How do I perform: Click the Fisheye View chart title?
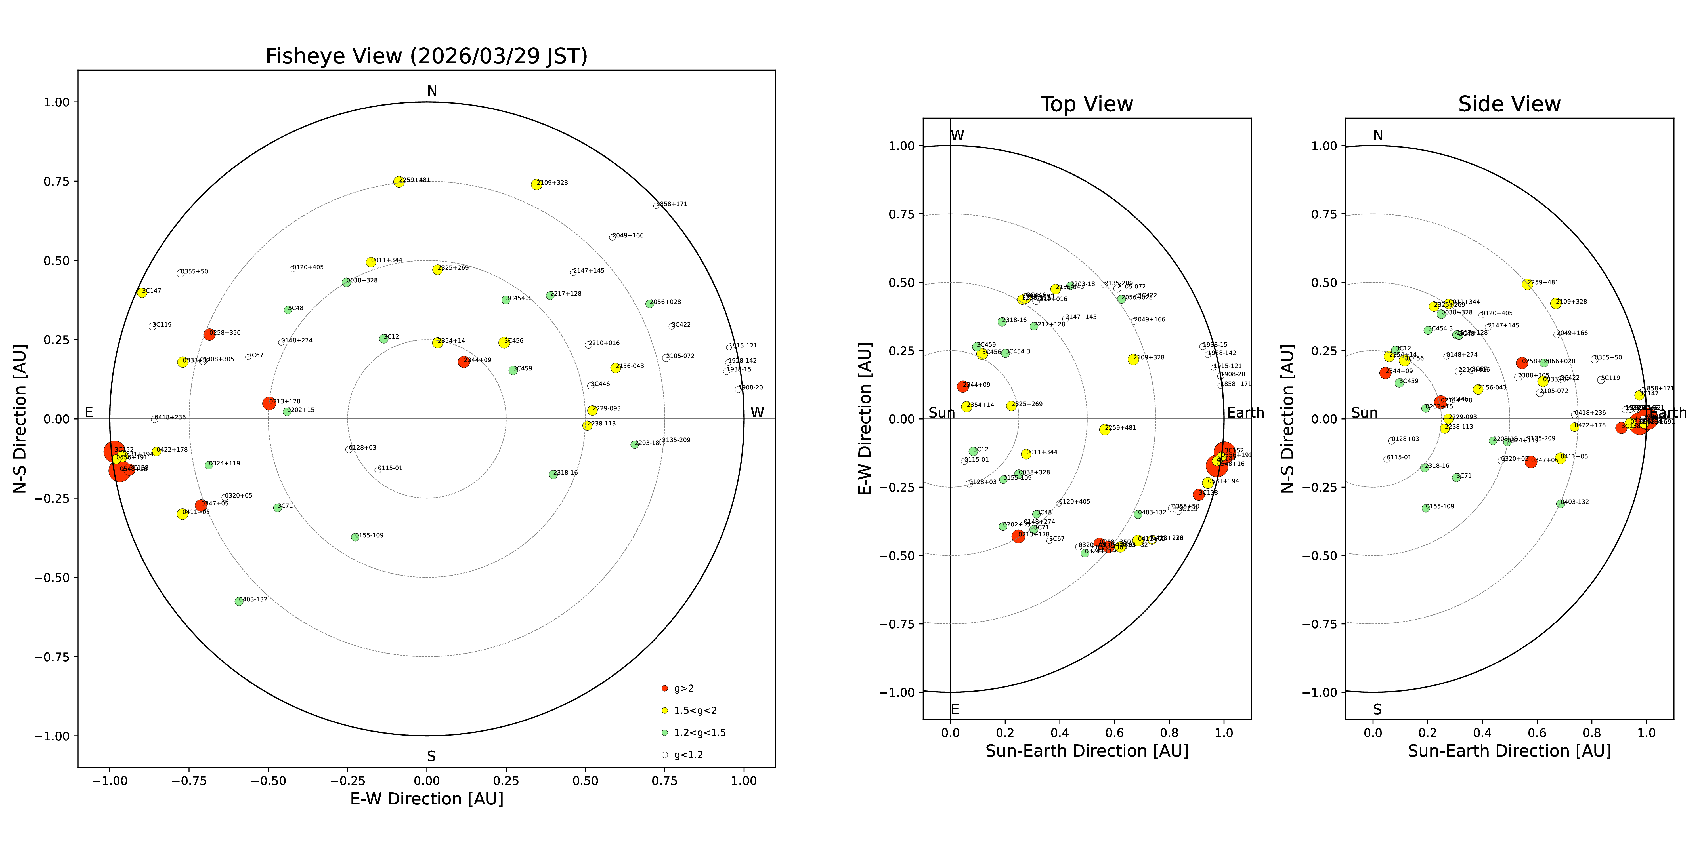(x=426, y=56)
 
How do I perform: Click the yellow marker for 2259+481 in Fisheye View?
(x=399, y=182)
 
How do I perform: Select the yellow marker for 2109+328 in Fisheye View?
(x=536, y=184)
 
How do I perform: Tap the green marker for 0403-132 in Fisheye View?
(x=239, y=601)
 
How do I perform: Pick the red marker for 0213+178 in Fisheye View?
(x=269, y=403)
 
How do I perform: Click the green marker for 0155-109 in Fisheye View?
(x=355, y=537)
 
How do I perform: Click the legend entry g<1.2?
(x=687, y=755)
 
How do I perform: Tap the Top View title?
(x=1086, y=104)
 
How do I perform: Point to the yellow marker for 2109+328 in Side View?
(x=1556, y=303)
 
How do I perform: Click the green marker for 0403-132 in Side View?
(x=1560, y=504)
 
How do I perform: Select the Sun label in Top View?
(x=941, y=413)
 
